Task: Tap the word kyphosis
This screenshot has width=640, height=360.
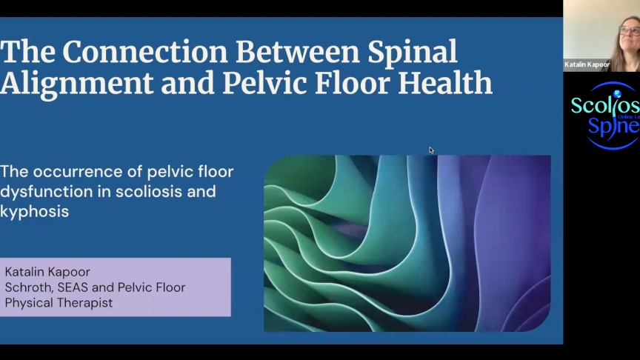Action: (x=34, y=211)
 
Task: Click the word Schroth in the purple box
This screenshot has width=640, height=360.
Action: (x=30, y=287)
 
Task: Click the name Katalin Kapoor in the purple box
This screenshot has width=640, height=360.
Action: (x=47, y=272)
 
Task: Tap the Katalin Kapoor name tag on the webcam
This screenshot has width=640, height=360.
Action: (x=587, y=65)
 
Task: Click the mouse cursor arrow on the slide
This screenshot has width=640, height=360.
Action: (x=431, y=150)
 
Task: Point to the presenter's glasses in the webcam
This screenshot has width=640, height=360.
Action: (x=629, y=31)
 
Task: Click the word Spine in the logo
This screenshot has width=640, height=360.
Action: (x=611, y=125)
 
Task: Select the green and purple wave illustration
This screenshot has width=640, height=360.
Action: (x=407, y=242)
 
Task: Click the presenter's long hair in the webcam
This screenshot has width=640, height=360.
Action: (x=617, y=52)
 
